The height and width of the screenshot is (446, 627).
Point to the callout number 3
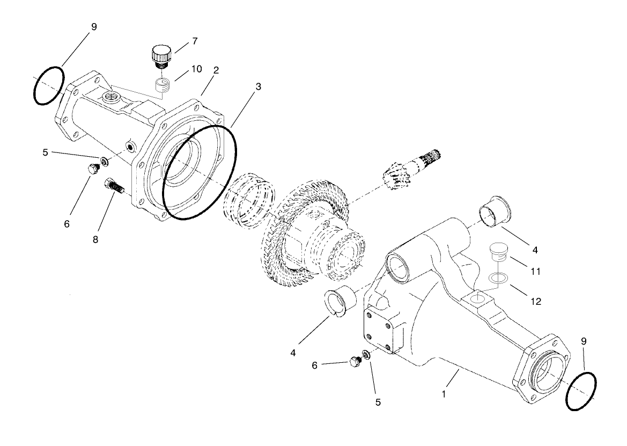tap(259, 86)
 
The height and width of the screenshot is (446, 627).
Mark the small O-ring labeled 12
tap(499, 278)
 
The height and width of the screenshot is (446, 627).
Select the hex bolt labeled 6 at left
tap(92, 170)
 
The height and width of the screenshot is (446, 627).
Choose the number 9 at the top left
tap(94, 26)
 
